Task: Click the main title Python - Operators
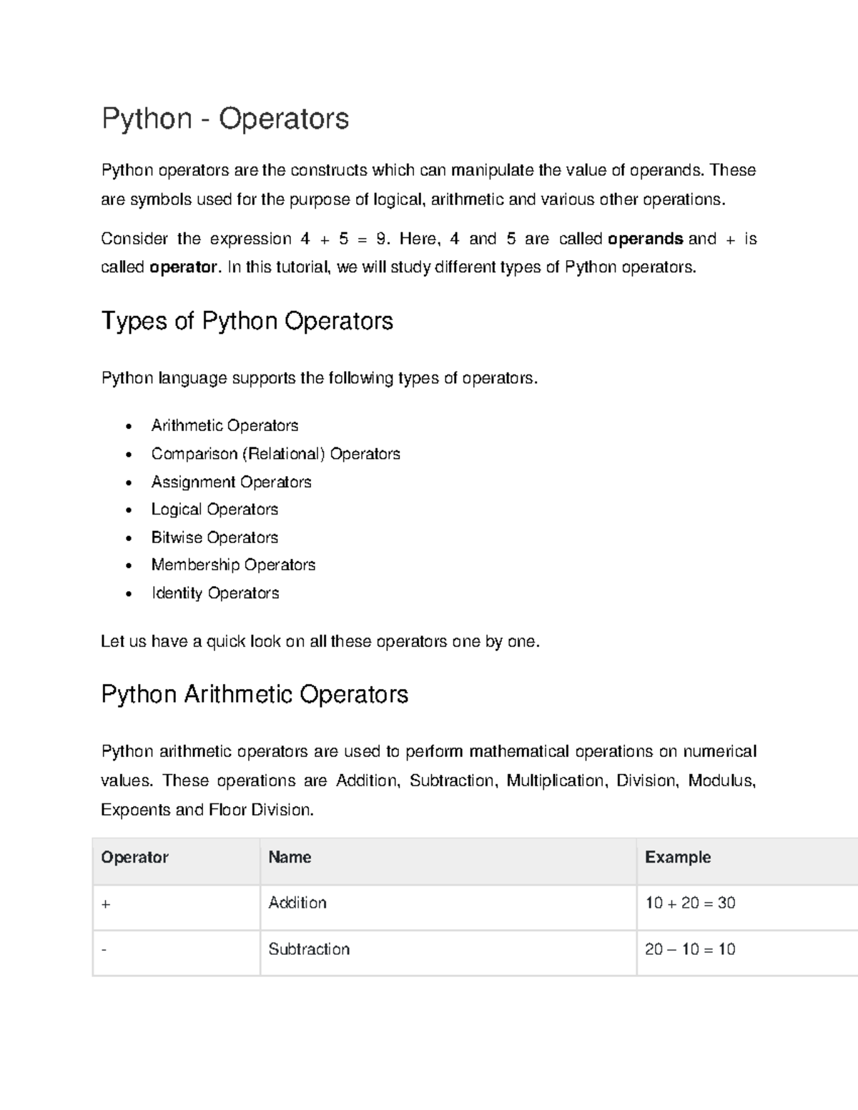225,119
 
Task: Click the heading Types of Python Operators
247,321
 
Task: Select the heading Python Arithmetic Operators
255,695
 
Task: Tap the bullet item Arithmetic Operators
225,426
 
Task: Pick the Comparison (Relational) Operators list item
275,454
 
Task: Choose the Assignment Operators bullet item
231,482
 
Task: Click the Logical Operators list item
214,510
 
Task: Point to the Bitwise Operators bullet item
214,537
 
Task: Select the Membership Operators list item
233,565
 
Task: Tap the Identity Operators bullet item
214,593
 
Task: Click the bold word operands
645,239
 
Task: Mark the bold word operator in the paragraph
182,267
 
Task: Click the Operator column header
134,858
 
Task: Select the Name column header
290,858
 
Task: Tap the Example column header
678,858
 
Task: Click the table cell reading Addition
297,903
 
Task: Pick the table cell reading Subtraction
309,950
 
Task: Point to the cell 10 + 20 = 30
690,903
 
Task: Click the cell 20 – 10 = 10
690,950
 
